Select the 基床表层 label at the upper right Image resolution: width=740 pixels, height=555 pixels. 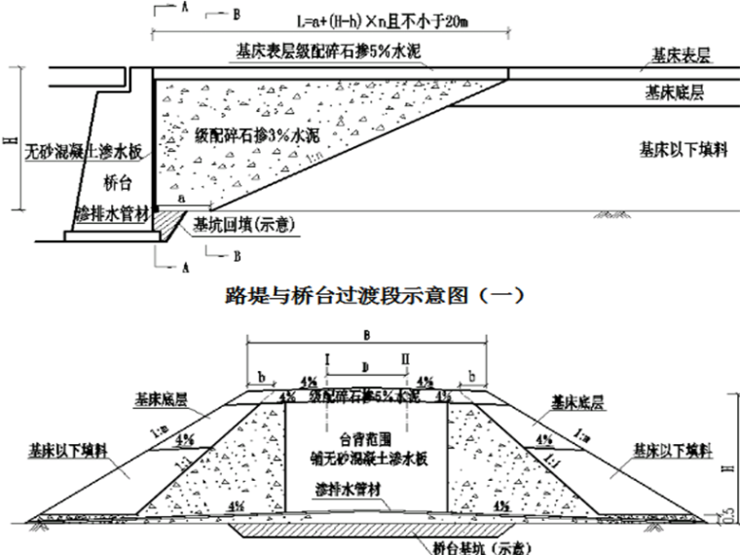pos(673,59)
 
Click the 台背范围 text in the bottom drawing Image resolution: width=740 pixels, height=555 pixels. pos(365,437)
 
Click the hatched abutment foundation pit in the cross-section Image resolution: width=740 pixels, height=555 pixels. pos(365,530)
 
